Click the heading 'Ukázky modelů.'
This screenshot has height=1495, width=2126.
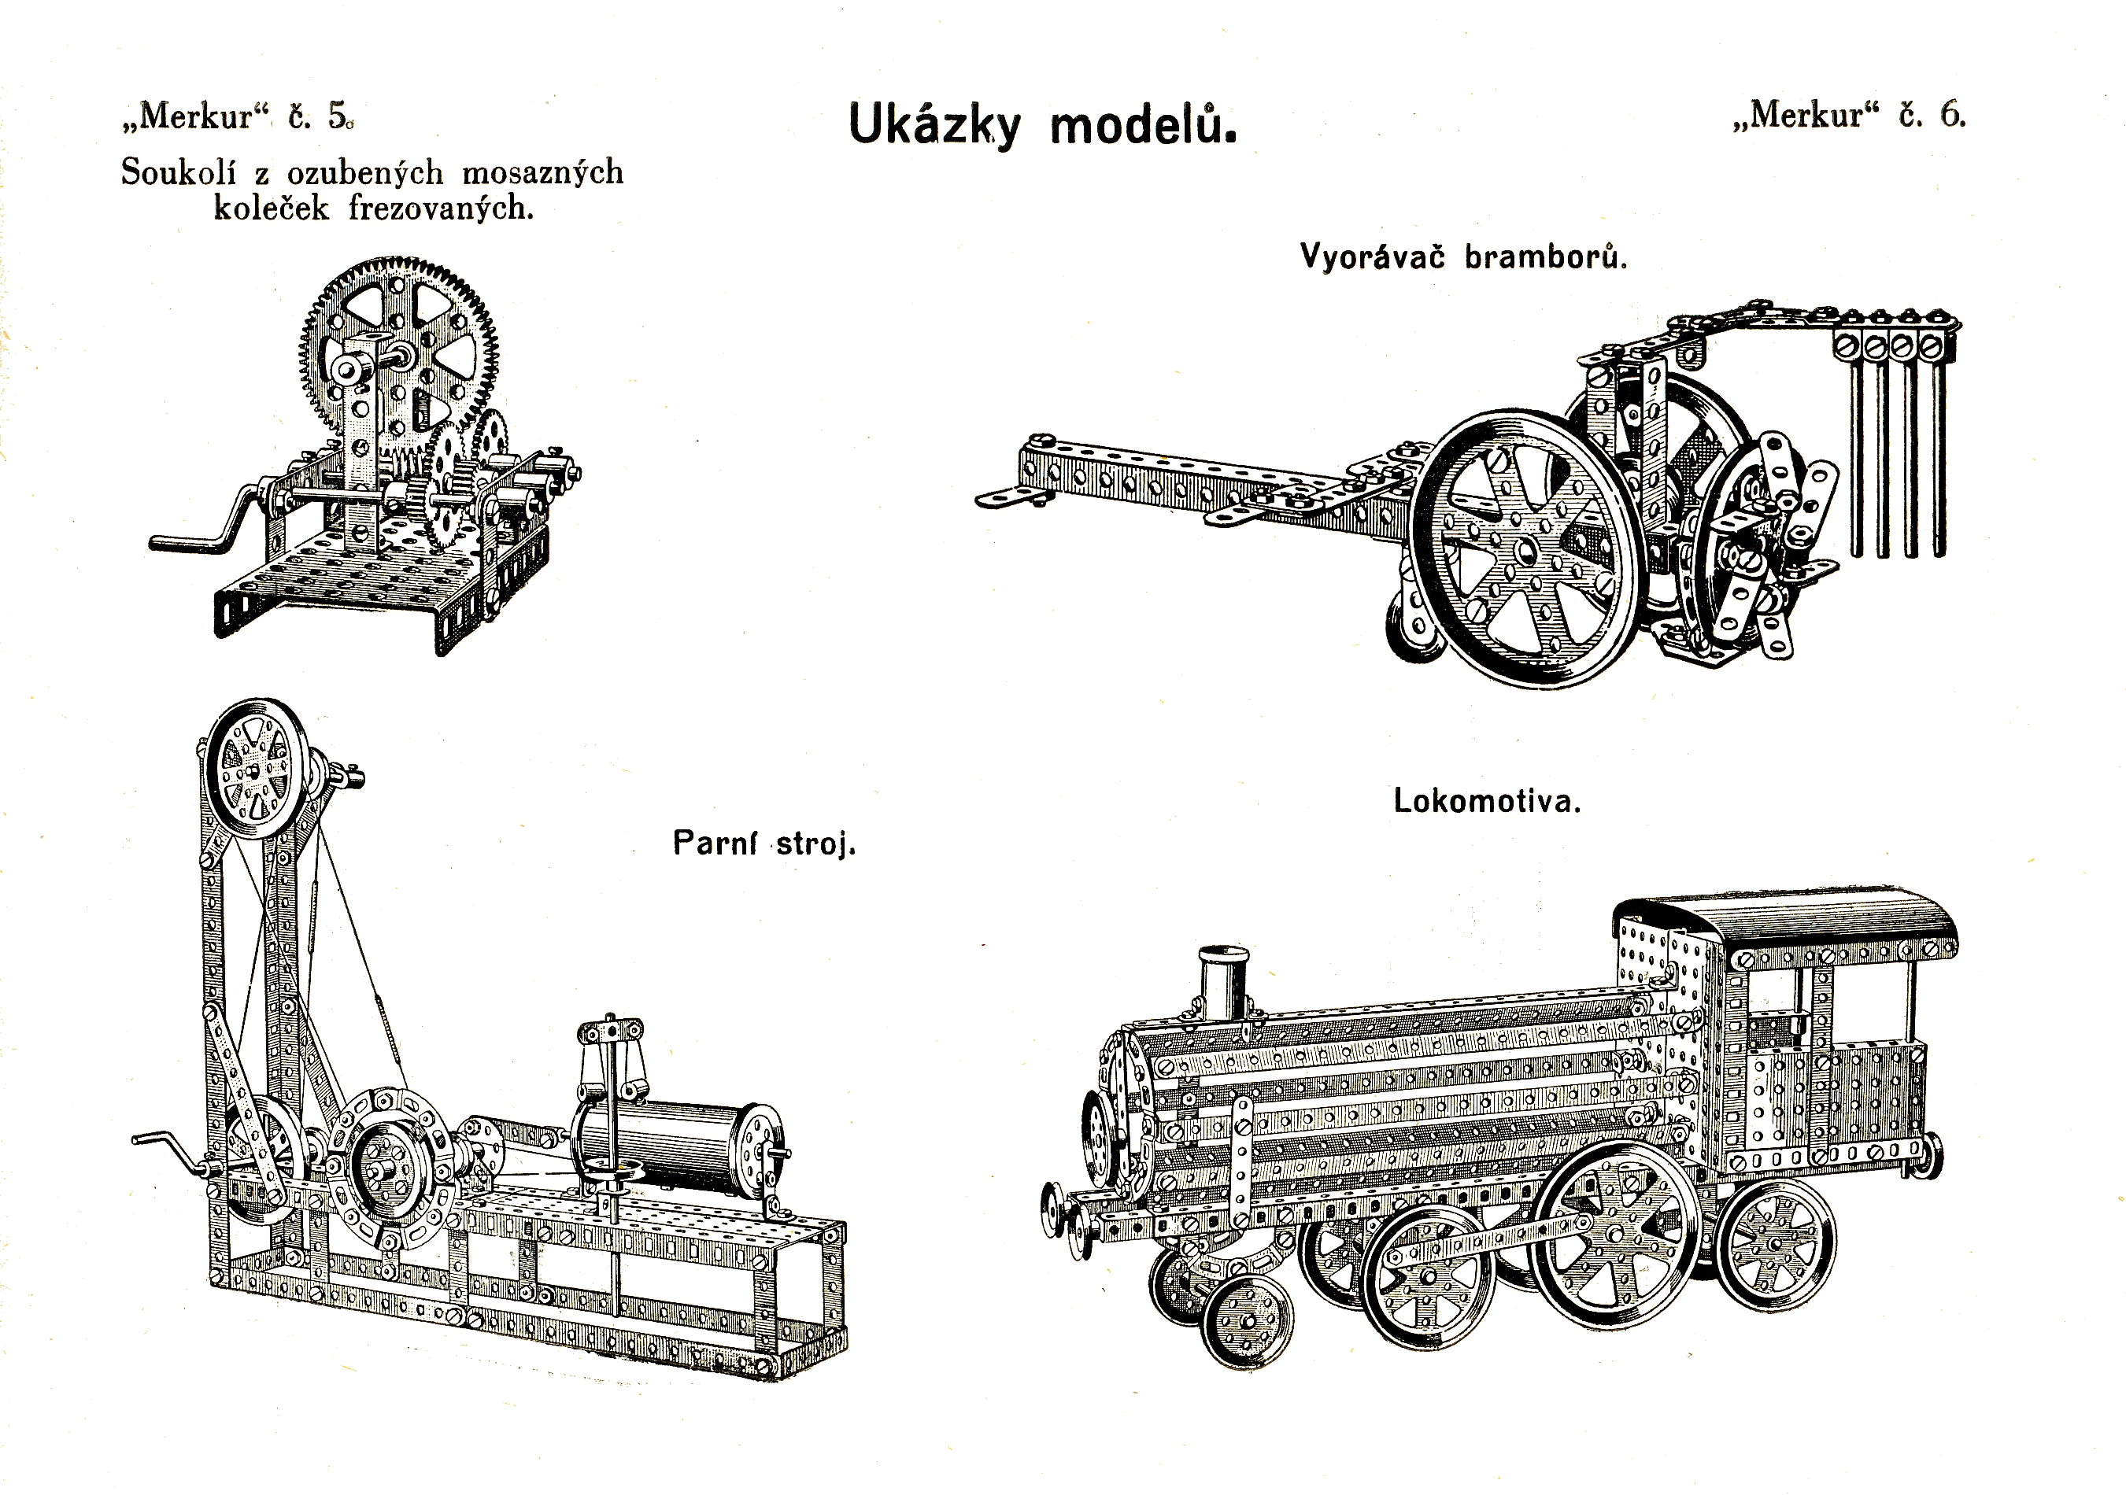coord(1041,126)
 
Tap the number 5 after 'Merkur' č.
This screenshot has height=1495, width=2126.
coord(338,116)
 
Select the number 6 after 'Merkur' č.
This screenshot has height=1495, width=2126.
coord(1952,115)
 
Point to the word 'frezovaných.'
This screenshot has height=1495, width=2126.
coord(442,209)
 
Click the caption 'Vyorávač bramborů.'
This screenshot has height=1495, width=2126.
coord(1463,257)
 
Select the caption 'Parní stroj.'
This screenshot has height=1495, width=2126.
coord(764,843)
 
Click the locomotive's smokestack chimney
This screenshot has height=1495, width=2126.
coord(1223,982)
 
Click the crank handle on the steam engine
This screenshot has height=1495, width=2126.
coord(162,1148)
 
